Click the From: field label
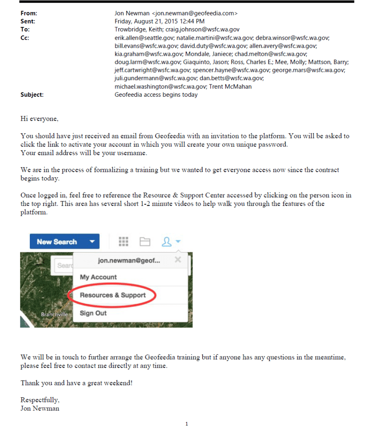point(28,13)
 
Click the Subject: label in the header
point(32,95)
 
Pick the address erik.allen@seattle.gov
point(144,38)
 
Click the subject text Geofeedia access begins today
point(156,95)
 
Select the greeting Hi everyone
point(39,119)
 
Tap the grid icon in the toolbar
point(124,242)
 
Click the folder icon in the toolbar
point(145,242)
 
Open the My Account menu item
point(98,277)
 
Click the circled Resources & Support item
point(113,295)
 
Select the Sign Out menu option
point(93,313)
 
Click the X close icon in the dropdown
point(178,260)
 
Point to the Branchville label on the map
point(54,315)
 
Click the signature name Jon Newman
point(40,408)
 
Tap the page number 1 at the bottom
point(187,424)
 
